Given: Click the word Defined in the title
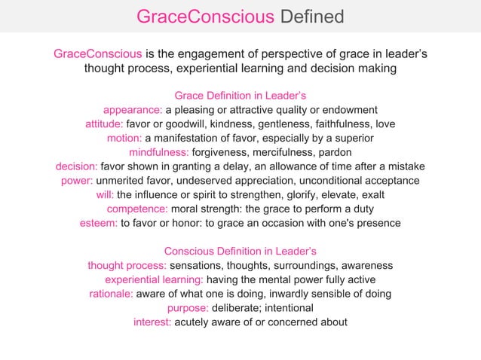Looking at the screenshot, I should tap(311, 17).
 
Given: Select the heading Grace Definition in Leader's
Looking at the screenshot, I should tap(240, 96).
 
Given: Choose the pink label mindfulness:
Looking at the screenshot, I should tap(155, 152).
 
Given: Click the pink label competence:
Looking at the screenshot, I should tap(138, 209).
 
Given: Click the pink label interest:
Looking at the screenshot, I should tap(153, 322).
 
